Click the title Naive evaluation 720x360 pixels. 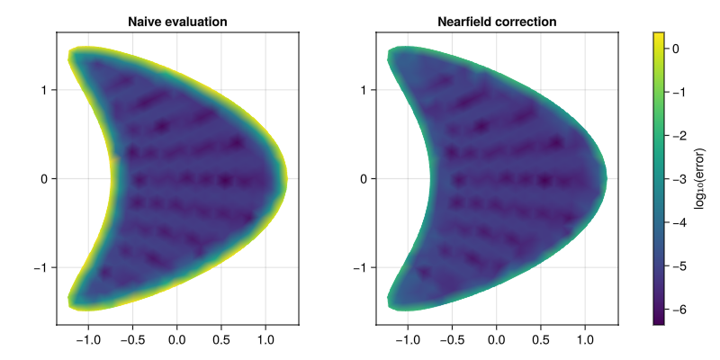click(x=177, y=21)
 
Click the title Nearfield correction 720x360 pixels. click(x=497, y=21)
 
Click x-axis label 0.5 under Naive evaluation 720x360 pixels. click(x=221, y=341)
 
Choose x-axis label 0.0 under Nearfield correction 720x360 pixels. click(x=497, y=341)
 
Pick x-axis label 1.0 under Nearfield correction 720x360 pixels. click(x=586, y=341)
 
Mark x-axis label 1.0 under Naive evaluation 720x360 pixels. click(x=265, y=341)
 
